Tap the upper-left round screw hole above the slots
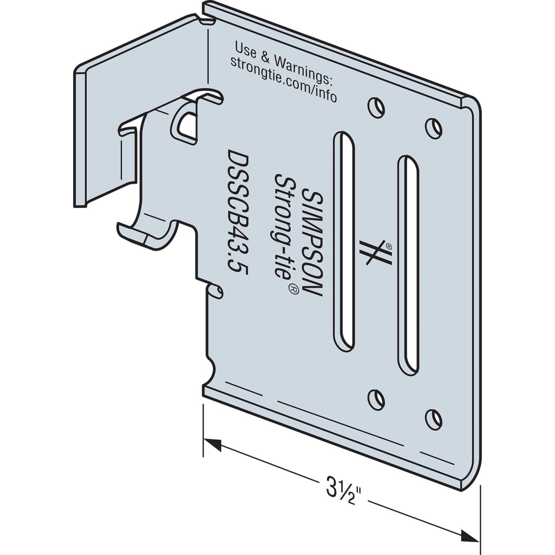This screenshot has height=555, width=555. pyautogui.click(x=376, y=107)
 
